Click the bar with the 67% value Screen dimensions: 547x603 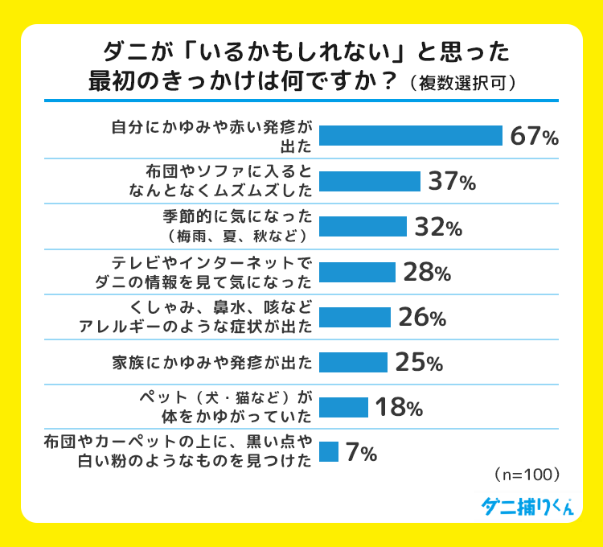[410, 135]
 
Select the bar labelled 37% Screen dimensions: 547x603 [370, 181]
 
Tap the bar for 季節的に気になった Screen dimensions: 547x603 [363, 227]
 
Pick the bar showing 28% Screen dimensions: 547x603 [357, 272]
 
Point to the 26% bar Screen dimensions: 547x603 [355, 317]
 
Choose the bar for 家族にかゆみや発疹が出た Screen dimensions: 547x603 [353, 362]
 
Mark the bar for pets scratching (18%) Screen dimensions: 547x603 [343, 407]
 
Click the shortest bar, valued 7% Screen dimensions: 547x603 [328, 452]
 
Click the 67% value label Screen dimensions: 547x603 [534, 136]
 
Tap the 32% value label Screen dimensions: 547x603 [438, 228]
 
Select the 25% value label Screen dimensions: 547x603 [419, 363]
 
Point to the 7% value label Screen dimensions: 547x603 [361, 453]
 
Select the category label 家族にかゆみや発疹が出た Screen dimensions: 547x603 [211, 362]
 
